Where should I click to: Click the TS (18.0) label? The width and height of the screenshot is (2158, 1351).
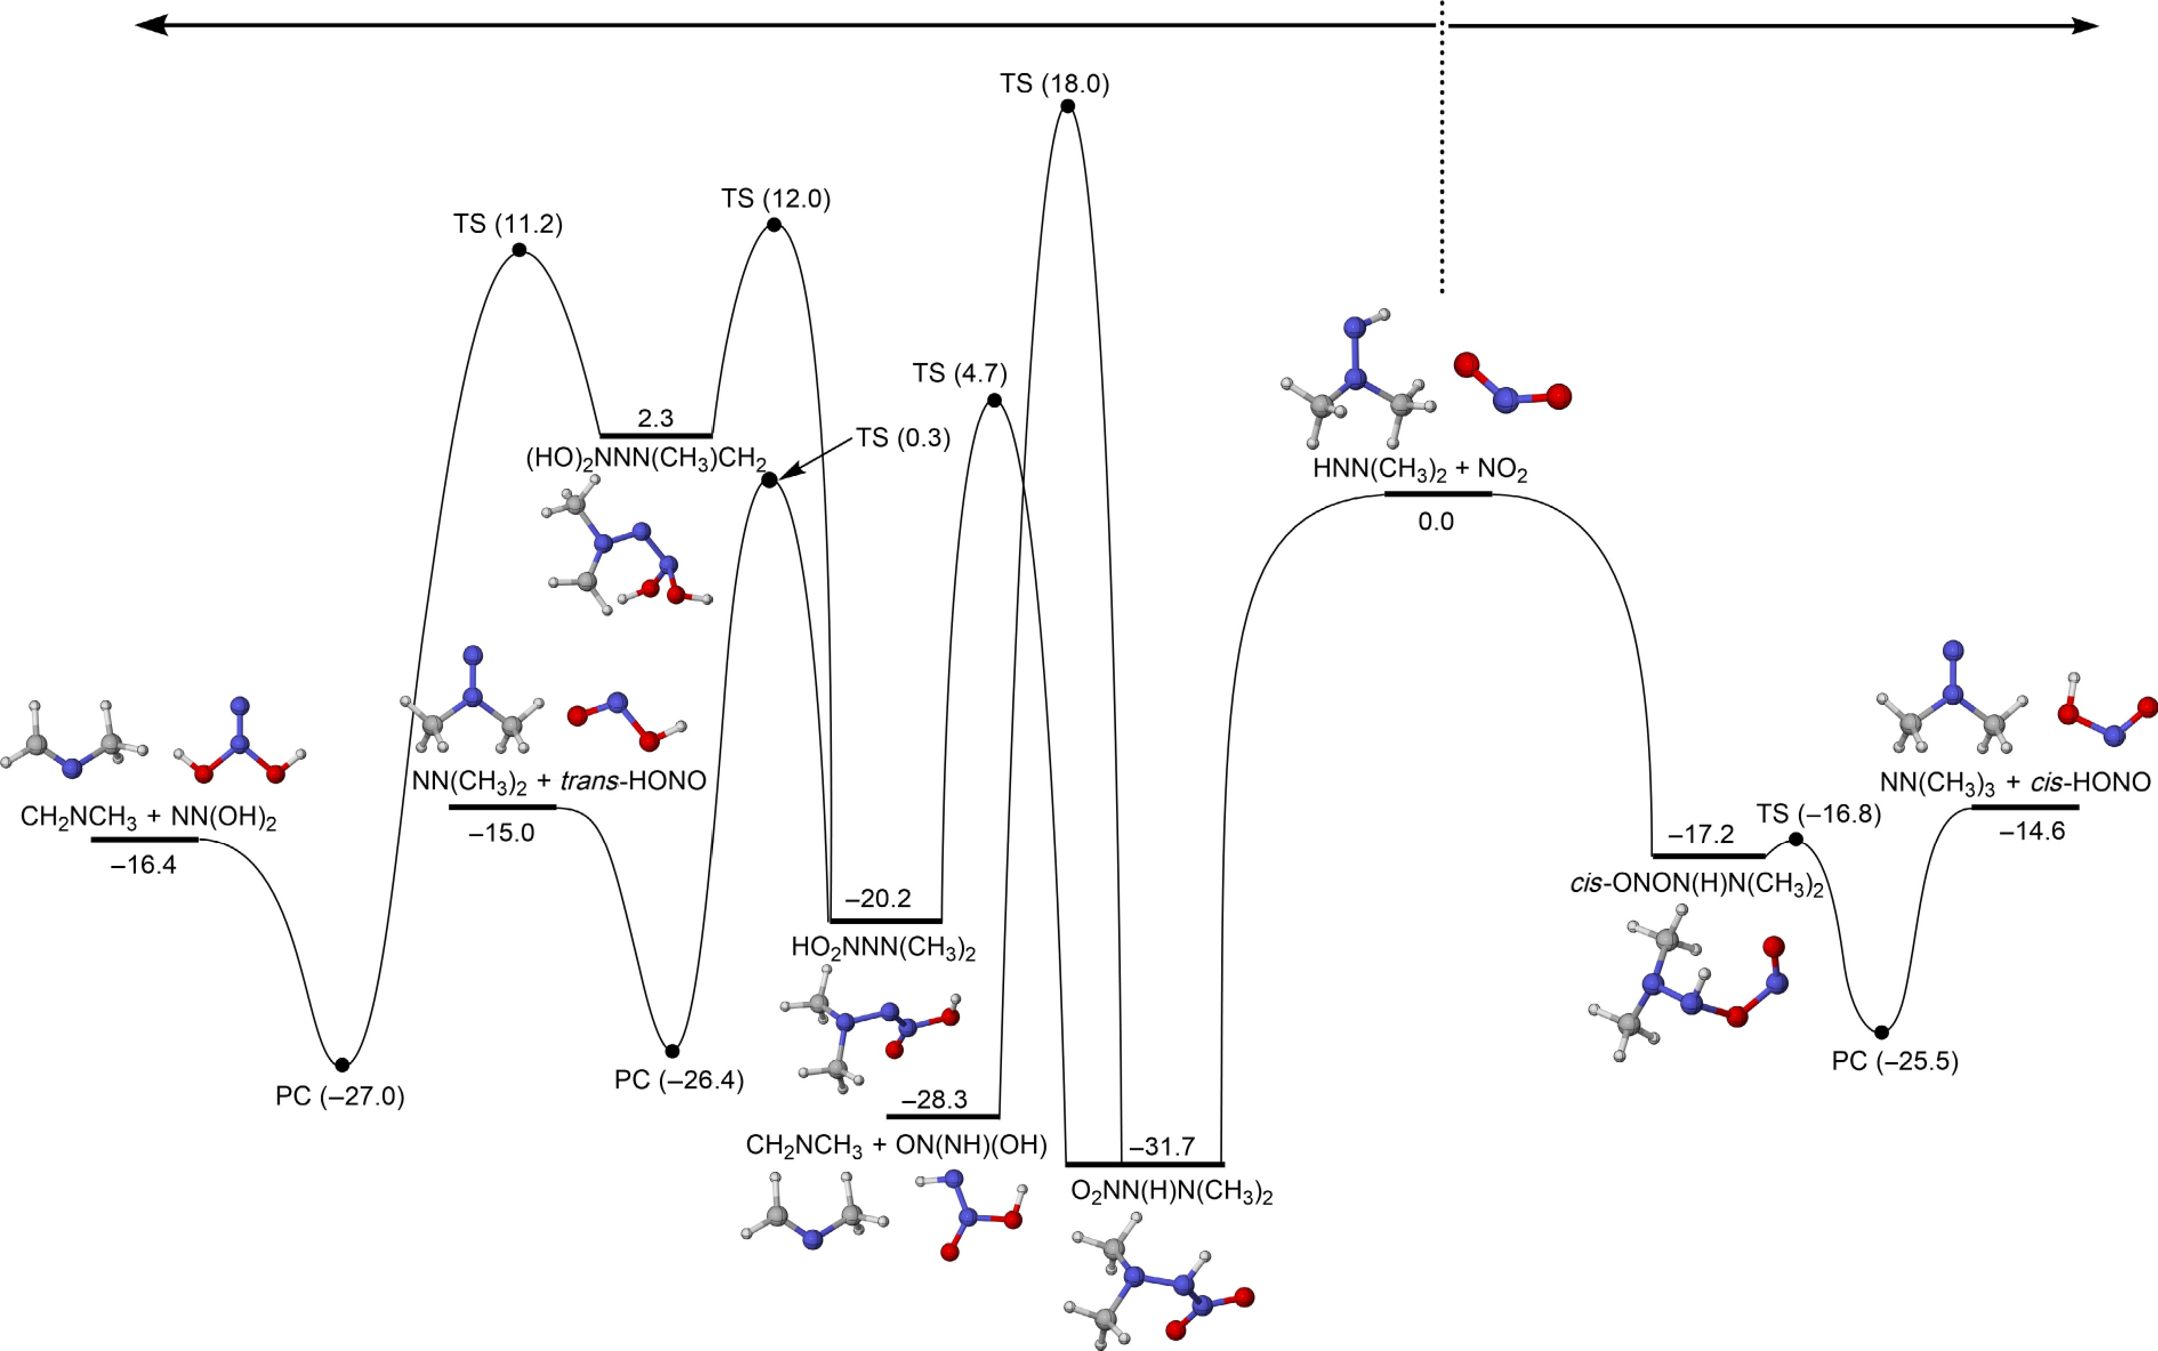point(1054,84)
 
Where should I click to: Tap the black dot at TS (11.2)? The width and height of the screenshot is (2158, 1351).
point(519,250)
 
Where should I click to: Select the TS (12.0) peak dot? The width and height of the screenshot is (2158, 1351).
point(774,224)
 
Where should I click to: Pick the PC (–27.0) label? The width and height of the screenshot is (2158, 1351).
point(340,1096)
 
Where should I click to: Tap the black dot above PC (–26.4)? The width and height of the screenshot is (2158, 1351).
point(672,1051)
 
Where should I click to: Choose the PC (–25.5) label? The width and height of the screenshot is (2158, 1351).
point(1894,1062)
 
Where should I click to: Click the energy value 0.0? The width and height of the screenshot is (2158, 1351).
point(1436,522)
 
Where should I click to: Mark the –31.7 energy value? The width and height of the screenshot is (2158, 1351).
point(1162,1147)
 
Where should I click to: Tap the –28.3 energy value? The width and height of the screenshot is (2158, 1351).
point(934,1100)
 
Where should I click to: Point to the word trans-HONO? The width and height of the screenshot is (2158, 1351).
point(633,781)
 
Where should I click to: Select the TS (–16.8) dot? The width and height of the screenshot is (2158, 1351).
point(1795,840)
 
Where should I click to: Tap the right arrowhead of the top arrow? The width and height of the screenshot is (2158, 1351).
point(2085,26)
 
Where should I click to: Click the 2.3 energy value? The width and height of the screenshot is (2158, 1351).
point(656,418)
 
